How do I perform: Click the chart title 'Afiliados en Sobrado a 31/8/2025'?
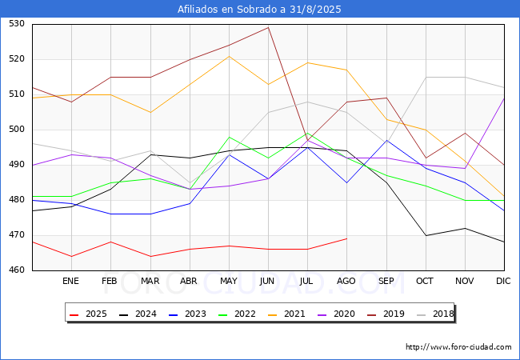pos(259,9)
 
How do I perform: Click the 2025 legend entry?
pos(88,314)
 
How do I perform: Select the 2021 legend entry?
pos(286,314)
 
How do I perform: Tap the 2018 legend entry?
pos(435,314)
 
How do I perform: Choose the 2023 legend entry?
pos(187,314)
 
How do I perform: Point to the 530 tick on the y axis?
pos(17,24)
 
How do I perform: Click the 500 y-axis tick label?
pos(17,130)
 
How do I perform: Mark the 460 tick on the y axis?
pos(17,270)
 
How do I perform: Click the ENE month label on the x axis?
pos(70,281)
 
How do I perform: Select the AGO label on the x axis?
pos(346,281)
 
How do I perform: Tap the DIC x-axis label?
pos(503,281)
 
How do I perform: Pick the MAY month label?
pos(229,281)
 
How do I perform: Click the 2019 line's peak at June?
pos(268,27)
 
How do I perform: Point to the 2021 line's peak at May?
pos(229,56)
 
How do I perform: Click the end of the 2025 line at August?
pos(347,238)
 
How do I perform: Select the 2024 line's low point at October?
pos(426,235)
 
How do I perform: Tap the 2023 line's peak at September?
pos(386,140)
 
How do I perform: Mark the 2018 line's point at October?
pos(426,78)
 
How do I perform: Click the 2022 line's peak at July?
pos(308,134)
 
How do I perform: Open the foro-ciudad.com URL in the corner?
pos(458,347)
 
